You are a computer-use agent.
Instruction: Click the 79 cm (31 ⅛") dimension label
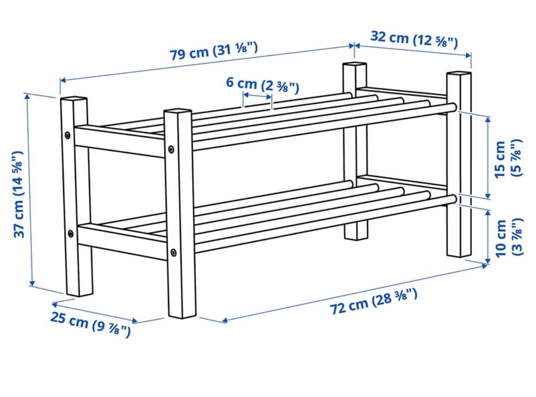(214, 51)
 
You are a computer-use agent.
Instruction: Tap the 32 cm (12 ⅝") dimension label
(414, 39)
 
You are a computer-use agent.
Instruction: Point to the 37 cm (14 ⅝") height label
(18, 194)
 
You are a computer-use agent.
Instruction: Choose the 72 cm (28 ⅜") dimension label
(374, 301)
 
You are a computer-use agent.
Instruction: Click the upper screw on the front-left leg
(68, 135)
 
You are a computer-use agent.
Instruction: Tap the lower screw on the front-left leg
(70, 234)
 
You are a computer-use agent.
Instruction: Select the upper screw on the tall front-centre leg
(171, 149)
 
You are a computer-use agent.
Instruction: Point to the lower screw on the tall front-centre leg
(174, 253)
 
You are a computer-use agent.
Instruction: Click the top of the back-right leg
(458, 74)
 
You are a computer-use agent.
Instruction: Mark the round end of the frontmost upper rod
(453, 107)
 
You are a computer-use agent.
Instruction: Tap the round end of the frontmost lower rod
(453, 200)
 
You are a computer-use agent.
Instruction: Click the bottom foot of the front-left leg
(80, 292)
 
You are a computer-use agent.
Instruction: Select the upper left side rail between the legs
(119, 140)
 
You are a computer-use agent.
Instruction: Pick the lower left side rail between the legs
(122, 241)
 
